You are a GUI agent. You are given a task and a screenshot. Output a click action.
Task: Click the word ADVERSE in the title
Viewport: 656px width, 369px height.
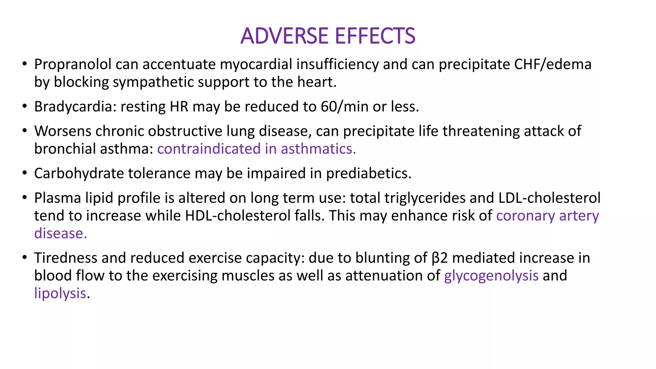click(284, 36)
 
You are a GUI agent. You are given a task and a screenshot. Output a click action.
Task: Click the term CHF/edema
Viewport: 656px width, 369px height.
click(553, 64)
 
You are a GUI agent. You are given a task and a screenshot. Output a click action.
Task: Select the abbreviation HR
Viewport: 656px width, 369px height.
click(179, 107)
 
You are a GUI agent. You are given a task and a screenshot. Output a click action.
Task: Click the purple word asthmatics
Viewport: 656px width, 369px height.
click(318, 149)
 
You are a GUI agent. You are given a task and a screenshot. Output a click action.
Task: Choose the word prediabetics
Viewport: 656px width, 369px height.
click(369, 174)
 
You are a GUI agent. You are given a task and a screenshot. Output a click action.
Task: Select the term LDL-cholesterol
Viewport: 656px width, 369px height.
click(549, 198)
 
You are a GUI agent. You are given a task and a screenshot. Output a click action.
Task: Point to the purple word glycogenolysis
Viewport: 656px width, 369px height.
click(491, 275)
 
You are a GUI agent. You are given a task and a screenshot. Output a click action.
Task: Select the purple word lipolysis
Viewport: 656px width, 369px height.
click(60, 293)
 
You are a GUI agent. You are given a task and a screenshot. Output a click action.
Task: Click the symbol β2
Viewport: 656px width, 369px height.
click(439, 258)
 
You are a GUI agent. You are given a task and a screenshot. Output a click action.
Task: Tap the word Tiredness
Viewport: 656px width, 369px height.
click(66, 258)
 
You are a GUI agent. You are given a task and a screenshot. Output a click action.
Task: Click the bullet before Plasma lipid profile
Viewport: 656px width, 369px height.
click(25, 198)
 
